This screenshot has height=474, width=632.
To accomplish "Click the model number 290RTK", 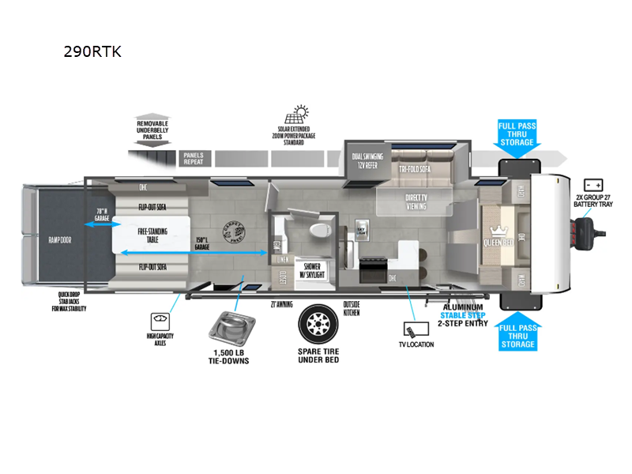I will [x=92, y=51].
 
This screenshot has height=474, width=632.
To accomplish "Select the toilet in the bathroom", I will [x=319, y=230].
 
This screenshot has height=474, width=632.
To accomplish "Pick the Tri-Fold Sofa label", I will [x=415, y=167].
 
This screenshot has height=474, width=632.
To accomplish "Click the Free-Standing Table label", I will [x=153, y=235].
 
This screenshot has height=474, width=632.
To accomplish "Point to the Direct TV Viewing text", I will [x=416, y=201].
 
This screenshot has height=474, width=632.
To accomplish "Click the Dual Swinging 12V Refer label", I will [x=368, y=161].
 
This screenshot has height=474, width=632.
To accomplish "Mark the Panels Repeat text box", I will [x=194, y=157].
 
